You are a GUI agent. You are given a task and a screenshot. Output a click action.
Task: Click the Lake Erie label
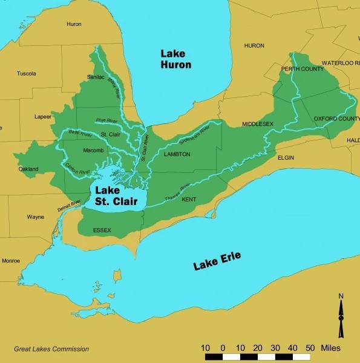tap(217, 261)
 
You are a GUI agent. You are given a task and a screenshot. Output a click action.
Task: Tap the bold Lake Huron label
tap(175, 59)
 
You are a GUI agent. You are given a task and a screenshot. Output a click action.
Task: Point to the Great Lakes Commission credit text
tap(51, 349)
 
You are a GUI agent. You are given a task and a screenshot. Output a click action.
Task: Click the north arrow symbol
tap(341, 312)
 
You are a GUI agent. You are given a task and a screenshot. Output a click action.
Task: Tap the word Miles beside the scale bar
tap(327, 348)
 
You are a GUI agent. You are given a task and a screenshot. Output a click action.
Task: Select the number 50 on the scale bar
tap(309, 348)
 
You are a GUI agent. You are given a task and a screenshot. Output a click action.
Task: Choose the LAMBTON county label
tap(177, 155)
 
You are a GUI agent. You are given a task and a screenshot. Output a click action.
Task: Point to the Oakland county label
tap(27, 169)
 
